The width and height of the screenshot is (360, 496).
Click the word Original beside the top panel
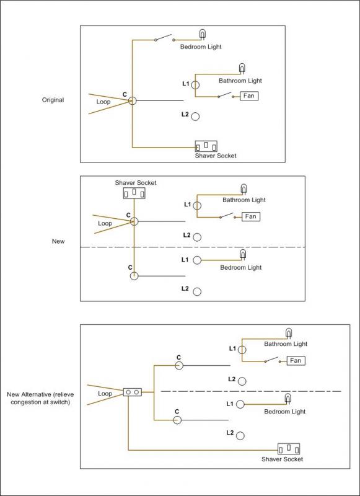(x=53, y=99)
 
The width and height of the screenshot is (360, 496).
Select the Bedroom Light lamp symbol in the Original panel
(x=202, y=34)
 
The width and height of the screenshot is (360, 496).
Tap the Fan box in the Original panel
(x=250, y=96)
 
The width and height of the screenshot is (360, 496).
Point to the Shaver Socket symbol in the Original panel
(x=207, y=146)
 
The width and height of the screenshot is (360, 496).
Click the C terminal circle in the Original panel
(x=132, y=100)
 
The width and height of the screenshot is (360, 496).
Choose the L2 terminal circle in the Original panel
(x=195, y=116)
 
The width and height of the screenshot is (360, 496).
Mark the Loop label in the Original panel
(x=104, y=100)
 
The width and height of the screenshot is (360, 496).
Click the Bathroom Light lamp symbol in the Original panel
(x=242, y=68)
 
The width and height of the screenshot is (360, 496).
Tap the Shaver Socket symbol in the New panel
(x=133, y=193)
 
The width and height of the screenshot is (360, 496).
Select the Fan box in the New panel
(x=251, y=216)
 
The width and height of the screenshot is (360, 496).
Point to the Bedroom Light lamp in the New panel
(x=243, y=254)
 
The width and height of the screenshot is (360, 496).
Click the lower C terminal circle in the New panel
(x=134, y=277)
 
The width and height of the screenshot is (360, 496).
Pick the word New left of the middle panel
(x=58, y=241)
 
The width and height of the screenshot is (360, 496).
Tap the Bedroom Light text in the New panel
(x=241, y=267)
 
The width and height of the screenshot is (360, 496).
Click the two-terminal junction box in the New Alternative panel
(x=133, y=392)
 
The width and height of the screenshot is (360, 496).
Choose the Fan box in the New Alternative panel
(x=296, y=360)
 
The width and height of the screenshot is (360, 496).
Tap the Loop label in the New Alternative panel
(x=105, y=393)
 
